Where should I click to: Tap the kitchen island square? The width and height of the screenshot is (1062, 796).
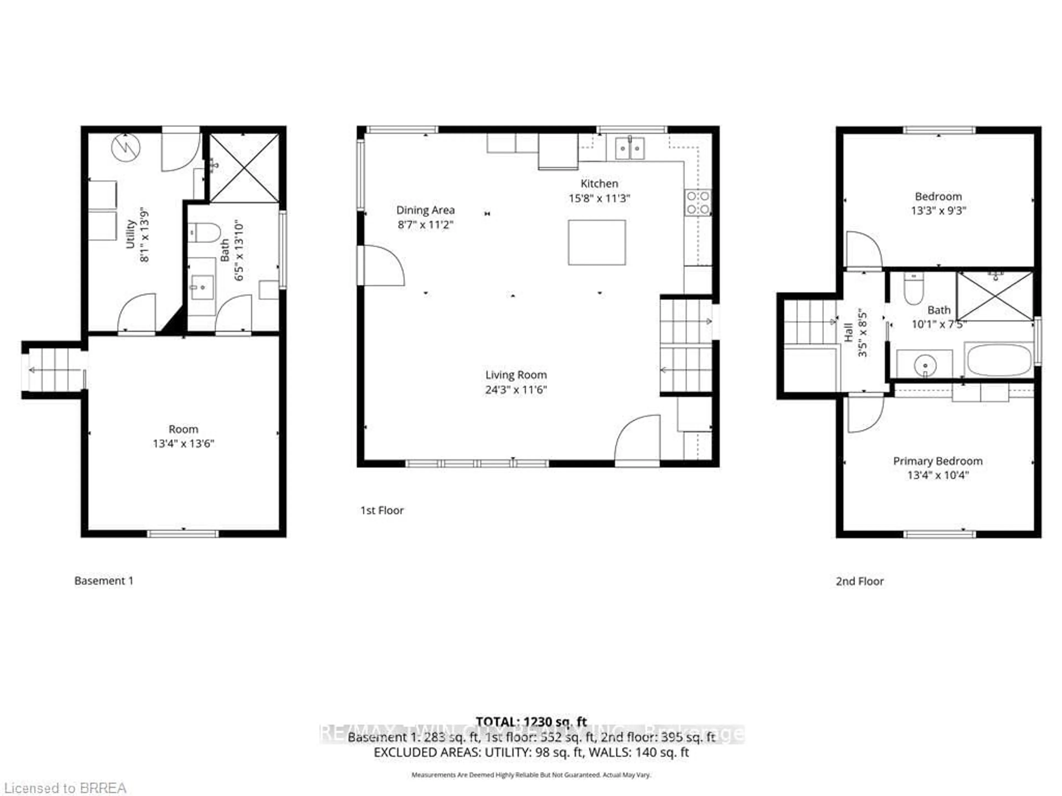(597, 242)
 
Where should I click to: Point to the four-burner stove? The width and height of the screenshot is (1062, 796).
(697, 203)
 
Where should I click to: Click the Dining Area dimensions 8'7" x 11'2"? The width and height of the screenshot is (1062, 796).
(425, 224)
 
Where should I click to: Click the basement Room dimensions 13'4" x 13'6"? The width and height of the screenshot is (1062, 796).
(183, 443)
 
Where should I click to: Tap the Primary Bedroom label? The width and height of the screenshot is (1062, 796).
(937, 461)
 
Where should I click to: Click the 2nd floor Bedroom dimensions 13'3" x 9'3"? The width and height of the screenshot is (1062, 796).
(938, 211)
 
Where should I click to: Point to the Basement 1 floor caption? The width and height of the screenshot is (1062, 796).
(104, 581)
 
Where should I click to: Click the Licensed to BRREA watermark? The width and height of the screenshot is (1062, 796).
(65, 788)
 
